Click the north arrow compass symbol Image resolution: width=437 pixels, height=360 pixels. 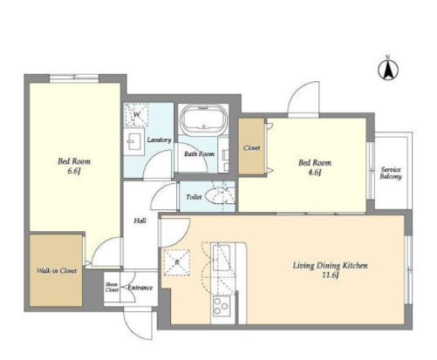coord(388,69)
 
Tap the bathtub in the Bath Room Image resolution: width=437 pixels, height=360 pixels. coord(203,119)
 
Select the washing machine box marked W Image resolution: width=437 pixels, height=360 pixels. coord(136,114)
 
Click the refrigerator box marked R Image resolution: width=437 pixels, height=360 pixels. coord(177,262)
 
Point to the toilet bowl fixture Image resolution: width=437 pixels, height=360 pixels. coord(217,195)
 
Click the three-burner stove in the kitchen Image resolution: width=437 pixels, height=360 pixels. coord(222,306)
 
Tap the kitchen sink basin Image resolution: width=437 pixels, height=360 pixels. coord(222,258)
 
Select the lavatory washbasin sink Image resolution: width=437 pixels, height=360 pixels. coord(134,141)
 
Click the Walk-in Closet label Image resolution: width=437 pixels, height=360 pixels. coord(57,271)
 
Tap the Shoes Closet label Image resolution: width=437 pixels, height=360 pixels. coord(112,287)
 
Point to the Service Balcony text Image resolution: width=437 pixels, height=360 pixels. coord(391,173)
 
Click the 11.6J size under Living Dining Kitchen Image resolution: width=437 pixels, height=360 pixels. coord(331,275)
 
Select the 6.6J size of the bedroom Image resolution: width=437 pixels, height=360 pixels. coord(74,171)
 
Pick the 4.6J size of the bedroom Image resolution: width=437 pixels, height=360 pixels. coord(315,173)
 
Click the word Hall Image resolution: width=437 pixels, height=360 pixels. coord(140,221)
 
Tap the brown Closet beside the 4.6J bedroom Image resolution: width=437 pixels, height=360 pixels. coord(252,146)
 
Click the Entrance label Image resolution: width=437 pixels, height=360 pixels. coord(140,288)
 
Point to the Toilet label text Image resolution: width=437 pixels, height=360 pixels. coord(194,197)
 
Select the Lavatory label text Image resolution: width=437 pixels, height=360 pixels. coord(159,139)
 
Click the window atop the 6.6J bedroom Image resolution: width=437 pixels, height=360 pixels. coord(74,78)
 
